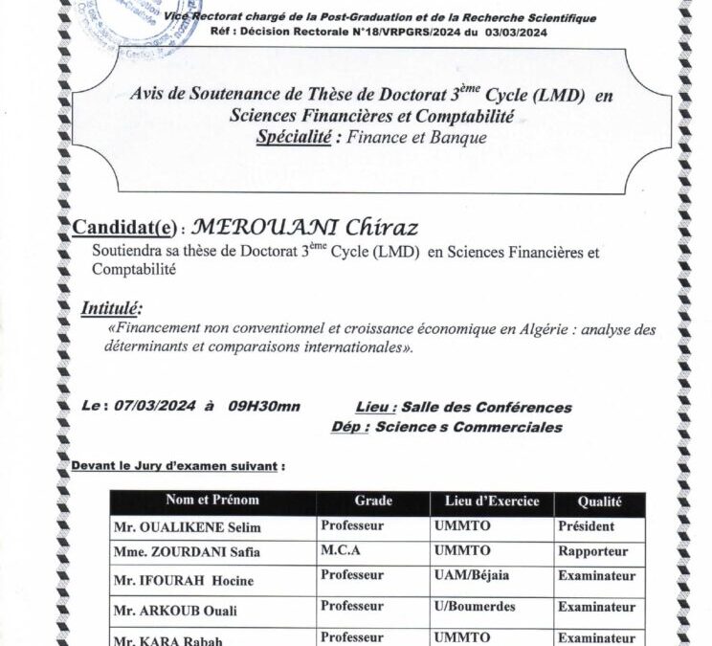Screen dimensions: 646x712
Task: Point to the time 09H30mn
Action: (264, 406)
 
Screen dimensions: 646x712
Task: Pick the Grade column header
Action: (373, 501)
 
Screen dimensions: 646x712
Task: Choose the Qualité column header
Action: (599, 501)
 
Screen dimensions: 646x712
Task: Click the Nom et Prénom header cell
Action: (211, 501)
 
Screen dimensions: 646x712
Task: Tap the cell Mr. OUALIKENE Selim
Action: (187, 527)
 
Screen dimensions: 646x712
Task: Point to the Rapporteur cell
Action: (592, 551)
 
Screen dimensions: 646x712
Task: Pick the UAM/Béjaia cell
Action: (472, 576)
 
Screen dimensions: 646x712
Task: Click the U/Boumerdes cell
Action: (474, 607)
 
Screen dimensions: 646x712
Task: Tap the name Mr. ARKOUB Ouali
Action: (175, 610)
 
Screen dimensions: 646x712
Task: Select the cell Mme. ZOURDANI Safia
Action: (187, 552)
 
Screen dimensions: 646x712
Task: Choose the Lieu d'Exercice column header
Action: (492, 501)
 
